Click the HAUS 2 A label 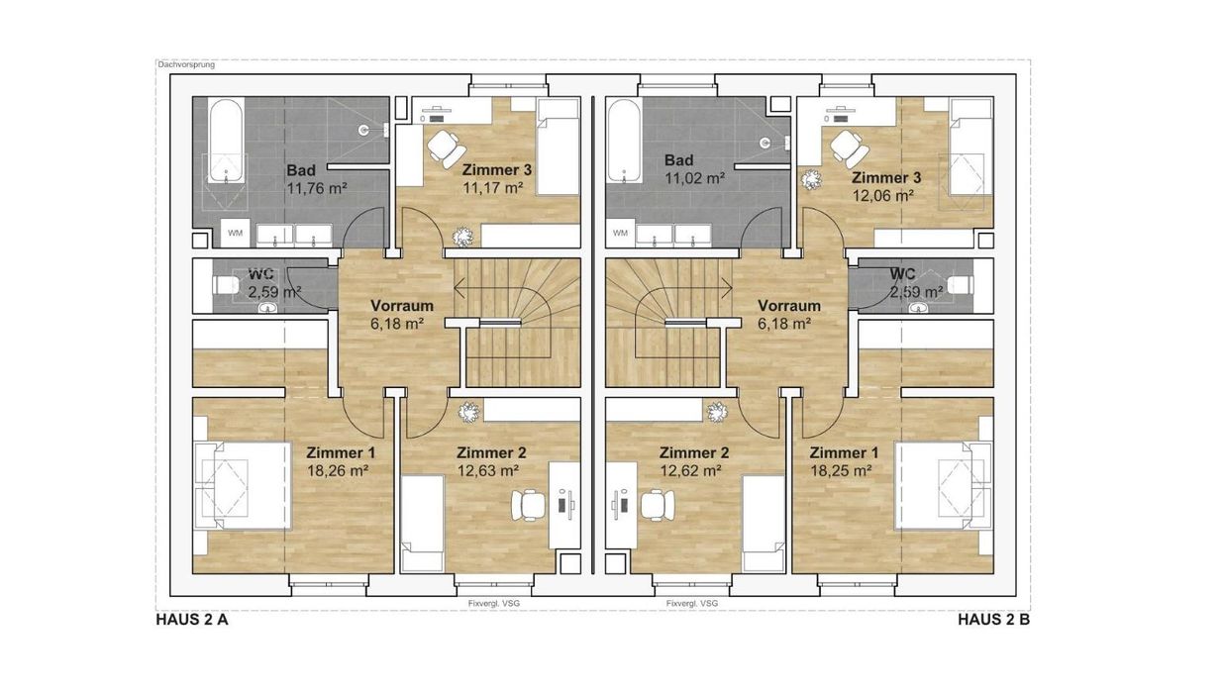(x=192, y=620)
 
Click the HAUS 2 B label (x=994, y=620)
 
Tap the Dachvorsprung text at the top (x=186, y=64)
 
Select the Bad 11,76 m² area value (x=318, y=188)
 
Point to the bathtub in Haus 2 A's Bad (x=225, y=141)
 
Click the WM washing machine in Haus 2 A (x=236, y=234)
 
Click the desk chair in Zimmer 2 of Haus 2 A (x=529, y=505)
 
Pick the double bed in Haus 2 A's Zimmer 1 (x=243, y=485)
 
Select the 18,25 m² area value (x=841, y=470)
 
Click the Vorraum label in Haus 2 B (x=789, y=306)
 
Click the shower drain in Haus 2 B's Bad (x=765, y=144)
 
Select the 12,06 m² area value (x=883, y=195)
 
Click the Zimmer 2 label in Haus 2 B (x=694, y=452)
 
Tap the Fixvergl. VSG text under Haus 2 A (x=494, y=604)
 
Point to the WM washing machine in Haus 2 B (x=620, y=234)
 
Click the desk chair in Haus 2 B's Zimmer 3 (x=850, y=148)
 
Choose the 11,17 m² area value (x=493, y=188)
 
